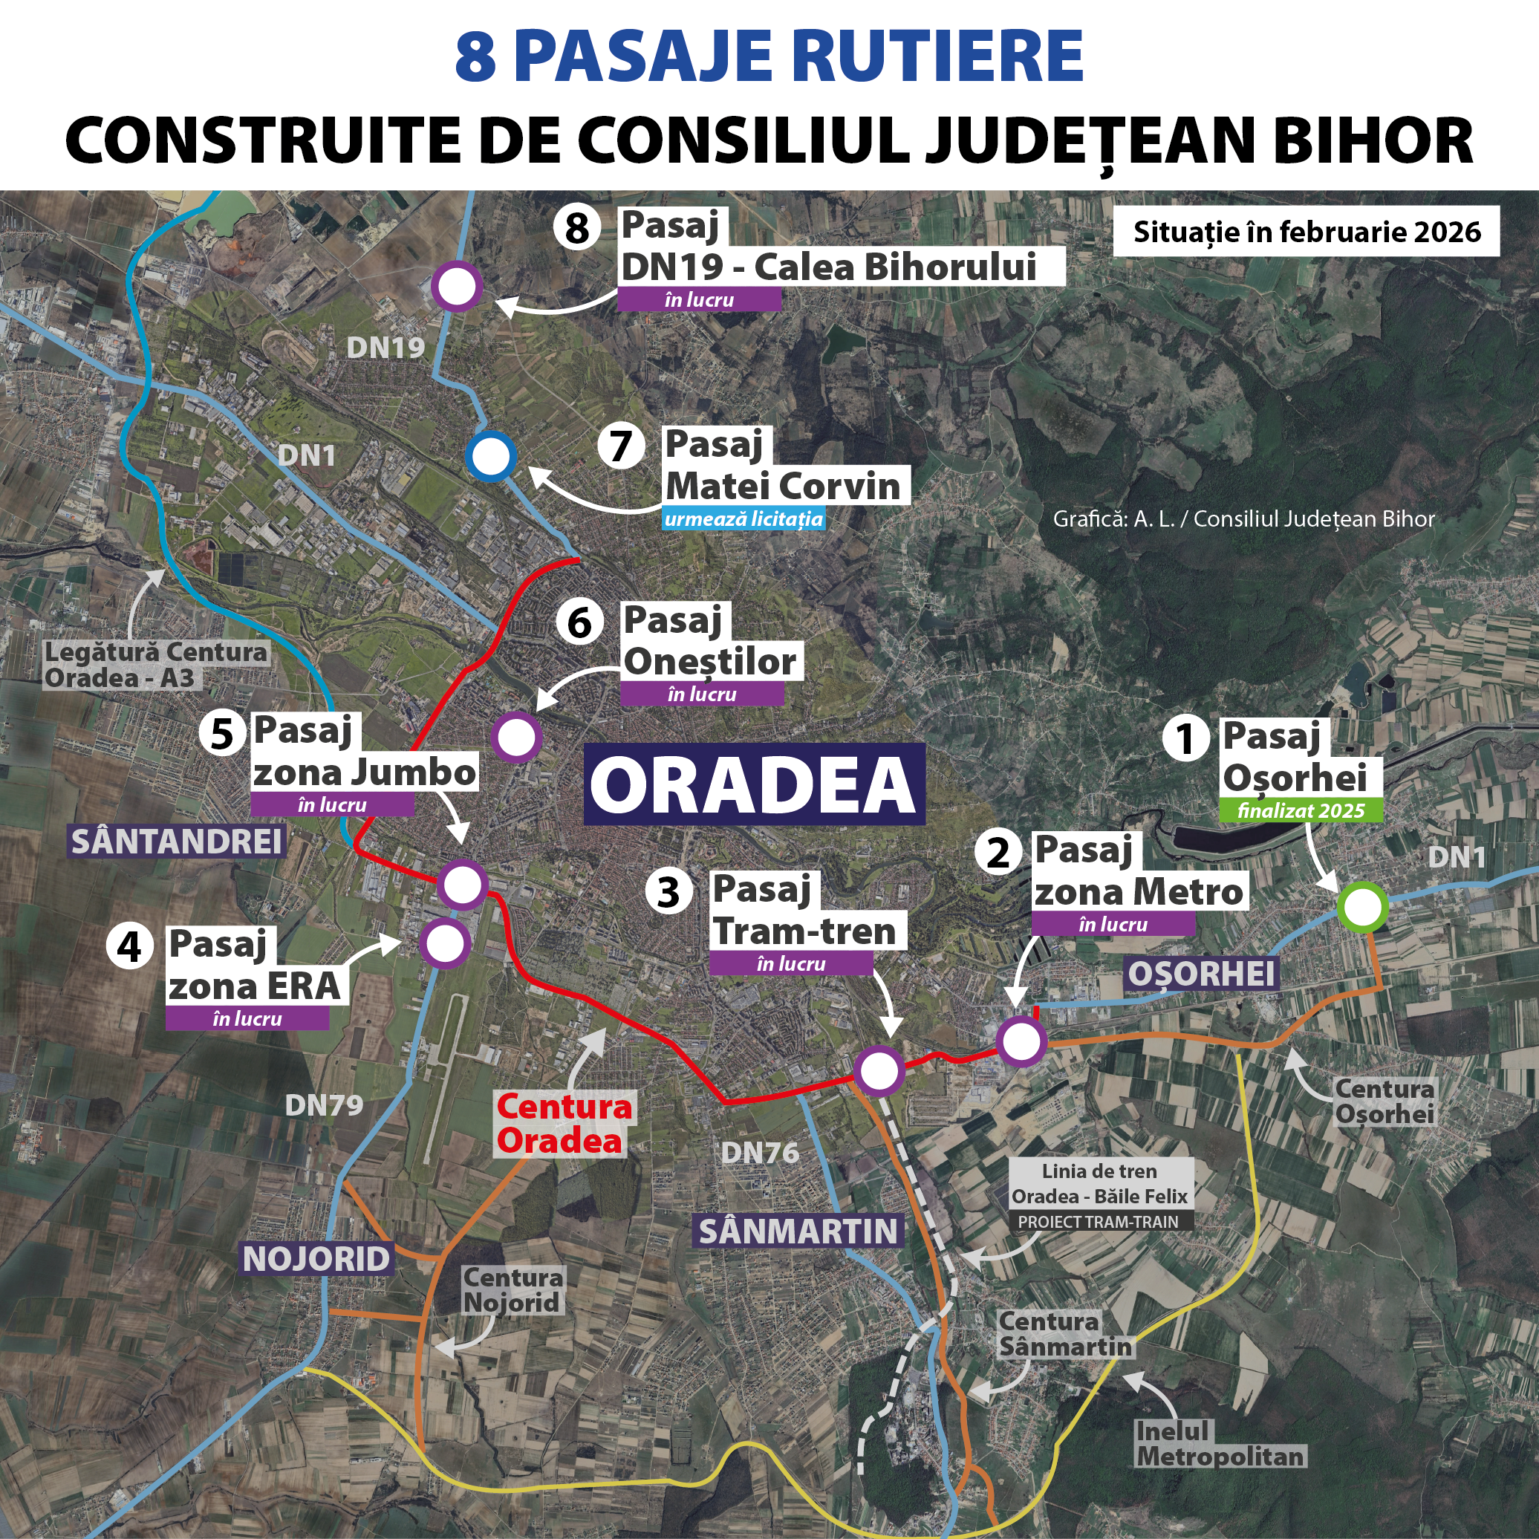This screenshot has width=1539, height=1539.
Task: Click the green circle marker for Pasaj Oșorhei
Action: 1363,906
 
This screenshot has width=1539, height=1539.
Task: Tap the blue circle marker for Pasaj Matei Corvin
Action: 491,457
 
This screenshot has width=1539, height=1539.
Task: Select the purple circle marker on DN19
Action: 458,286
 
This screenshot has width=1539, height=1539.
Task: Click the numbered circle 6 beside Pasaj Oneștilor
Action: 579,622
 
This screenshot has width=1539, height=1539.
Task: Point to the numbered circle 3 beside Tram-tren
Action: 668,891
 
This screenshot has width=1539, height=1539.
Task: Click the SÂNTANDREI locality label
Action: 177,842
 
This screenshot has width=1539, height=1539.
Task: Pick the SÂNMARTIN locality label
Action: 798,1231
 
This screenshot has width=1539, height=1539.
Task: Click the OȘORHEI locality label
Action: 1201,974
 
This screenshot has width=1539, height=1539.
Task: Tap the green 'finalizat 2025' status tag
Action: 1301,811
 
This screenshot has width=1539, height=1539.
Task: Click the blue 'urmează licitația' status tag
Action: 744,519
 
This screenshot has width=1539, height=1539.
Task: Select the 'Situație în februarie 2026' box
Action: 1307,232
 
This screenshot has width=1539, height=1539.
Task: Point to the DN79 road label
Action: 324,1105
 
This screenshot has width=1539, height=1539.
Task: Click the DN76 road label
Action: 759,1153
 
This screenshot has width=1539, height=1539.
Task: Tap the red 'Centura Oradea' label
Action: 563,1123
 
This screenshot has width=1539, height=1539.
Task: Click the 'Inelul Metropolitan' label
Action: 1220,1444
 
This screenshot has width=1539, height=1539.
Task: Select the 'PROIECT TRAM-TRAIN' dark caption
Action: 1098,1222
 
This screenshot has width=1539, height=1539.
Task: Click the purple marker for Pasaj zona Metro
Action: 1021,1041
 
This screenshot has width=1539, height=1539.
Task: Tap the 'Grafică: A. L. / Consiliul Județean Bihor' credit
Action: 1243,519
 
